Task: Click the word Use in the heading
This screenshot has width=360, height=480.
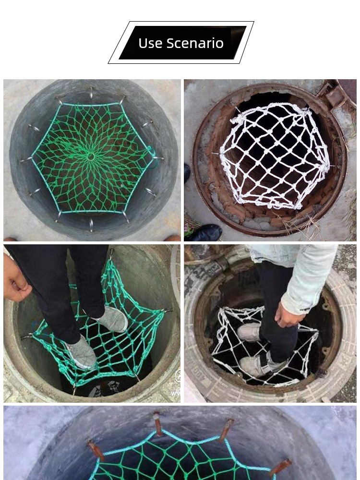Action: coord(150,43)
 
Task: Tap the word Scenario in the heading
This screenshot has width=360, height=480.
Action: coord(195,43)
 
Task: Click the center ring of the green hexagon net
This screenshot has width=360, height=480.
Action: coord(91,157)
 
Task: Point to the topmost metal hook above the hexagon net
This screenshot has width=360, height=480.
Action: coord(91,93)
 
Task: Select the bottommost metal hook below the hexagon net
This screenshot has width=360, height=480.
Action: coord(91,225)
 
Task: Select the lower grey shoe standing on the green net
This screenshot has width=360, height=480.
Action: coord(81,352)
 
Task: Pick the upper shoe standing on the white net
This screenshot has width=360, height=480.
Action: coord(249,332)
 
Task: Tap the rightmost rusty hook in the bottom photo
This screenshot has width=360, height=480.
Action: coord(281,468)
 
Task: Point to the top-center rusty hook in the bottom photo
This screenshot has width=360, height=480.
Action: coord(157,423)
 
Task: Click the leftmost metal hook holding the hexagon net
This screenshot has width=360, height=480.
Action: coord(26,159)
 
